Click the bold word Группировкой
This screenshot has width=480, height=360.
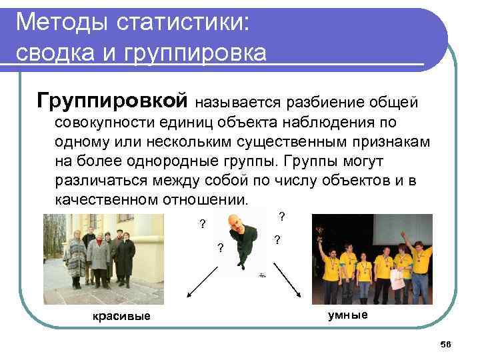pyautogui.click(x=113, y=101)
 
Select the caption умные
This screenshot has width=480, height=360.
pyautogui.click(x=347, y=315)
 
